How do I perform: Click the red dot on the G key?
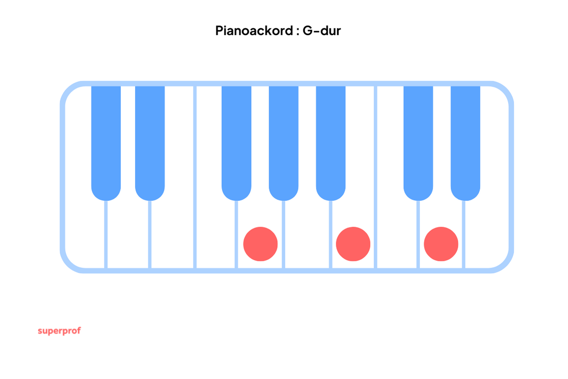pos(261,244)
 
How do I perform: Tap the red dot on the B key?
pos(353,244)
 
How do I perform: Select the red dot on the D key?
pos(441,244)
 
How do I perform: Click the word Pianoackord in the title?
pos(254,31)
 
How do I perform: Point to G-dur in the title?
pos(321,31)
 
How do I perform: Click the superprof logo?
pos(60,331)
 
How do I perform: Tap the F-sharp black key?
pos(236,143)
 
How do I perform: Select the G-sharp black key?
pos(284,143)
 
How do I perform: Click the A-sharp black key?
pos(331,143)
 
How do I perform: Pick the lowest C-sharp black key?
pos(106,143)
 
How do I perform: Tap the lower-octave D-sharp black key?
pos(150,143)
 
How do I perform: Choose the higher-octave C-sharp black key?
pos(418,143)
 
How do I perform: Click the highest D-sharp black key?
pos(465,143)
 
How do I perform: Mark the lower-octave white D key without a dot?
pos(128,233)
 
